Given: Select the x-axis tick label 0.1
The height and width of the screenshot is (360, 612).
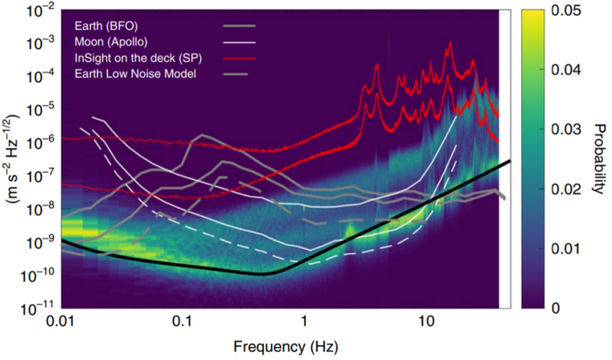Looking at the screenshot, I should click(182, 321).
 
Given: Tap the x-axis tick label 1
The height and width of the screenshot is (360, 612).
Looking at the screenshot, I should click(304, 321).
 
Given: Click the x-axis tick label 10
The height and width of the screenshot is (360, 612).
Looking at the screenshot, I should click(426, 321).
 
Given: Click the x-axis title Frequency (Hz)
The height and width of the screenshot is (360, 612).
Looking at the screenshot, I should click(280, 345).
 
